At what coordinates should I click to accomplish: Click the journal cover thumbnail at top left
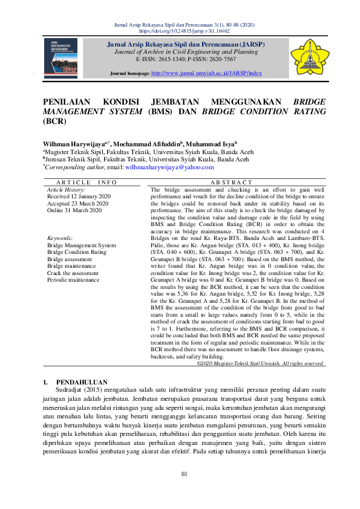(x=61, y=58)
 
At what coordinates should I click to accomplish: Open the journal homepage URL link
(x=206, y=73)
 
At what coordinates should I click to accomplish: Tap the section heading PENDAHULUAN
(x=82, y=382)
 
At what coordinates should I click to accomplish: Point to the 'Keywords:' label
(x=60, y=238)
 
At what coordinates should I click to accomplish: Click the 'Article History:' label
(x=65, y=189)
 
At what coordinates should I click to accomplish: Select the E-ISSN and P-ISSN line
(x=186, y=59)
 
